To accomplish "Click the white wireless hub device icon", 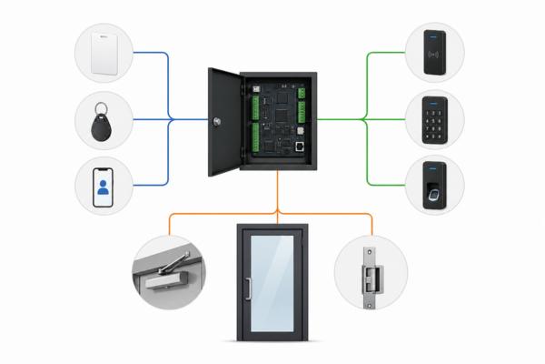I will (104, 52).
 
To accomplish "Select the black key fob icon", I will (104, 121).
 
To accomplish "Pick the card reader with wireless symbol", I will (435, 51).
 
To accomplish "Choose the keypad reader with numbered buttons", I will (435, 120).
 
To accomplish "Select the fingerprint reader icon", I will (435, 186).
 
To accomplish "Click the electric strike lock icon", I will (371, 272).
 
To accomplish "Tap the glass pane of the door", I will (272, 282).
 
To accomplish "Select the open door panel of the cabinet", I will (224, 121).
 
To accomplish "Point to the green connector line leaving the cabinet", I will (341, 118).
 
